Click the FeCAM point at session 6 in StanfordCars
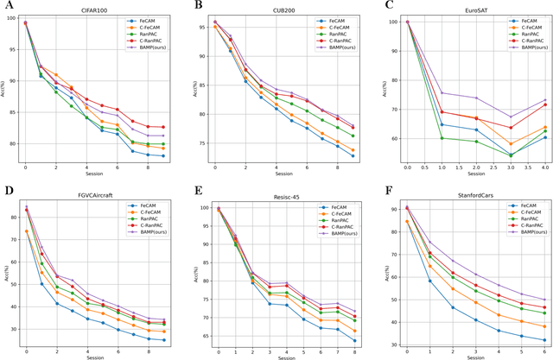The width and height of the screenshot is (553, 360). (544, 339)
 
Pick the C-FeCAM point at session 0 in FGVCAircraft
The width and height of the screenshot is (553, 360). (26, 231)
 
